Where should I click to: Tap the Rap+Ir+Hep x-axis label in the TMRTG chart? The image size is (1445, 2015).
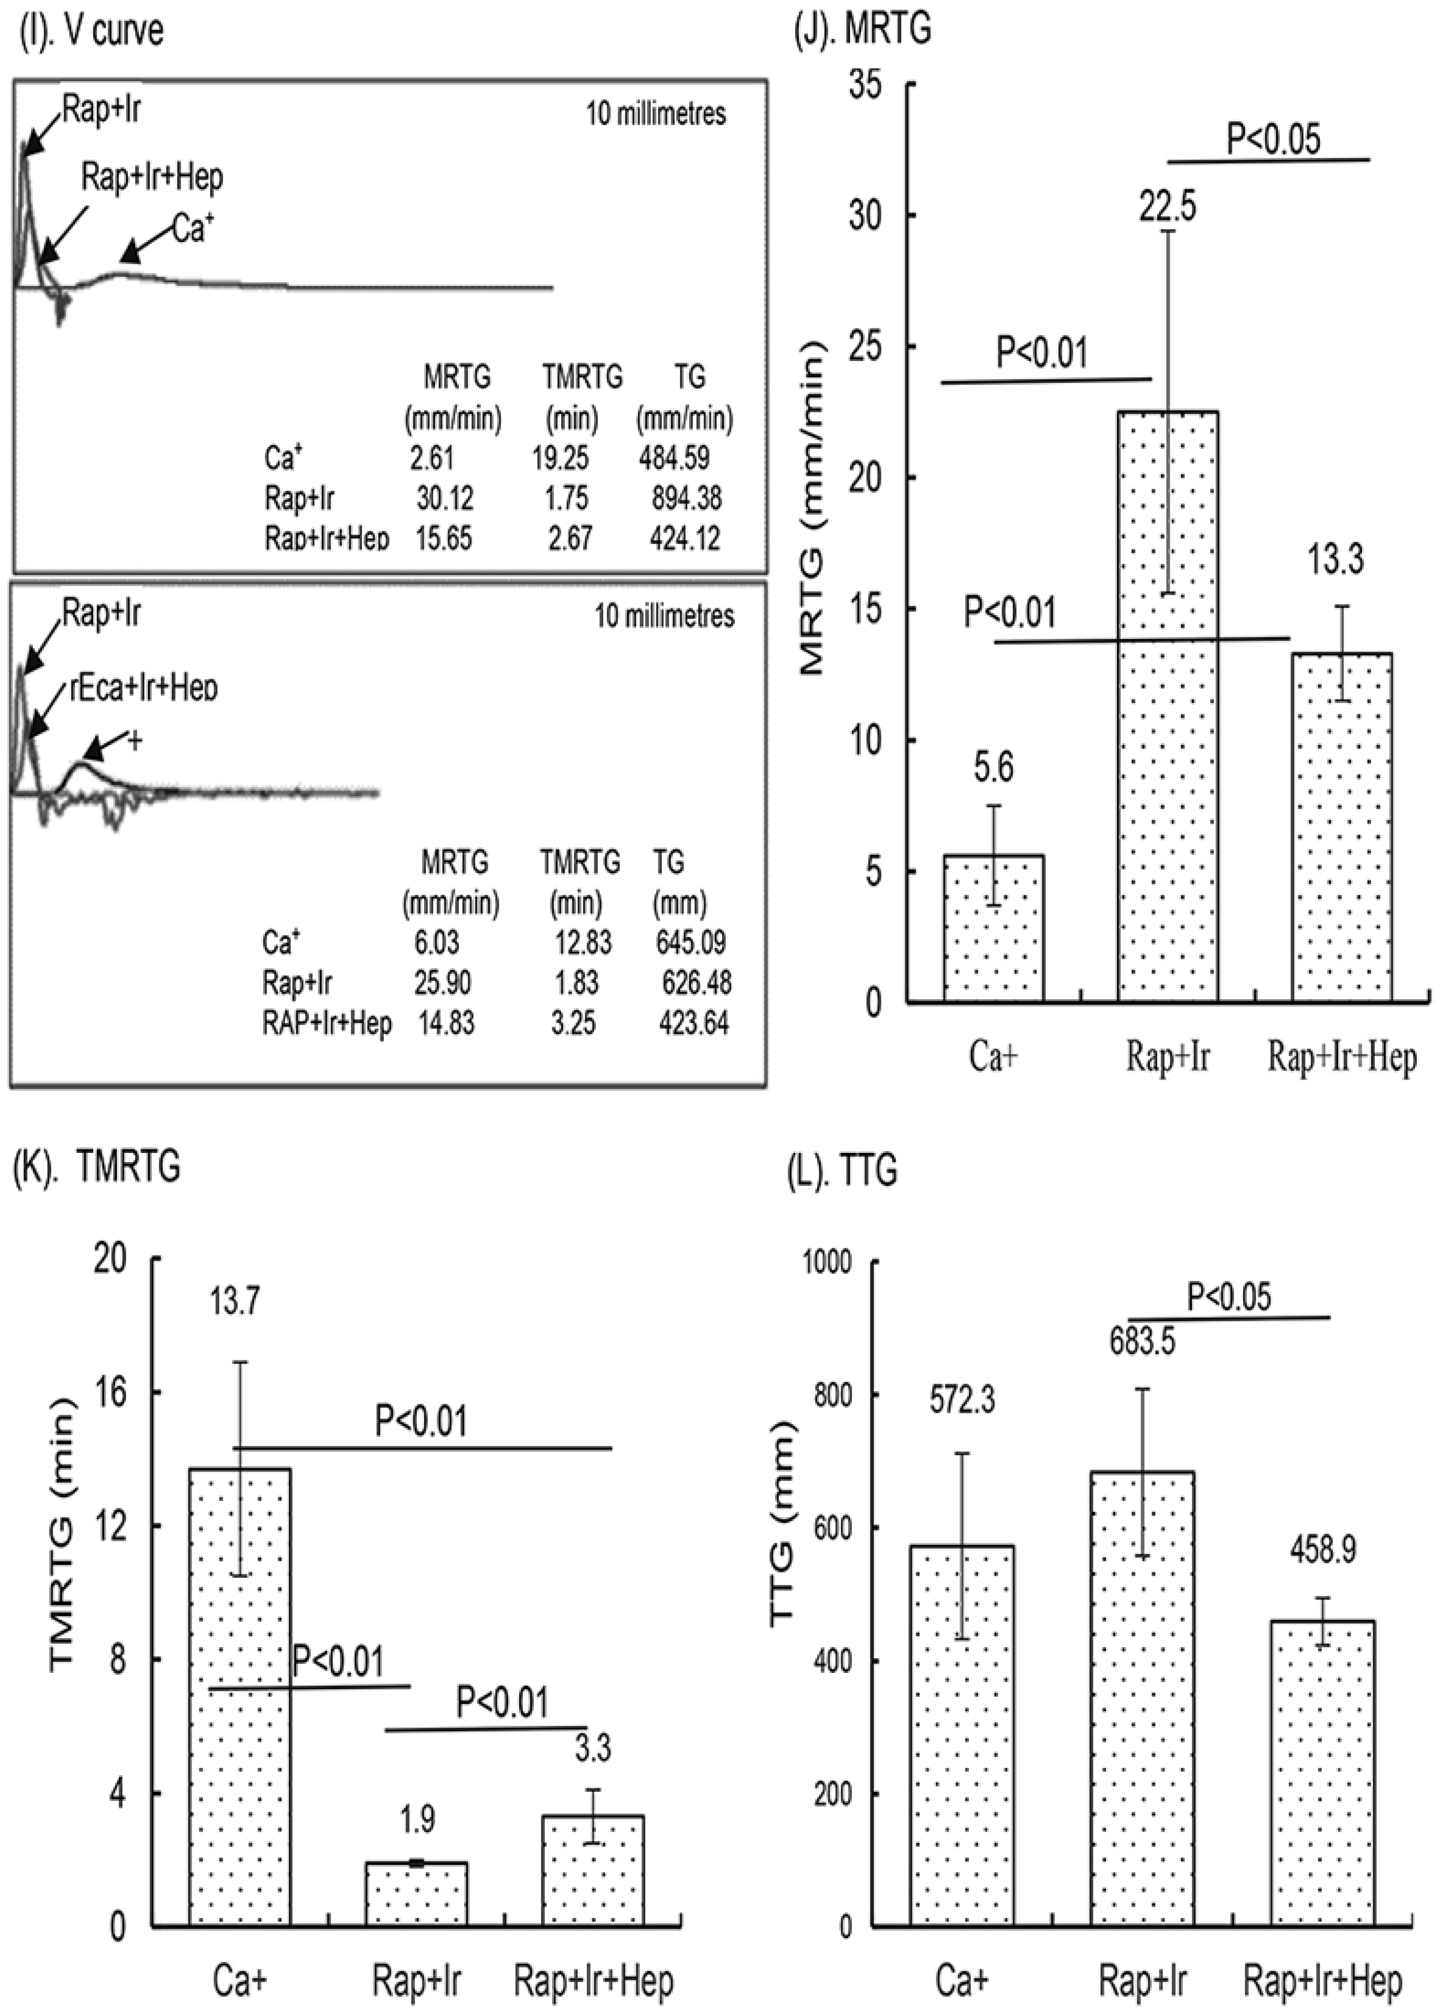593,1981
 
